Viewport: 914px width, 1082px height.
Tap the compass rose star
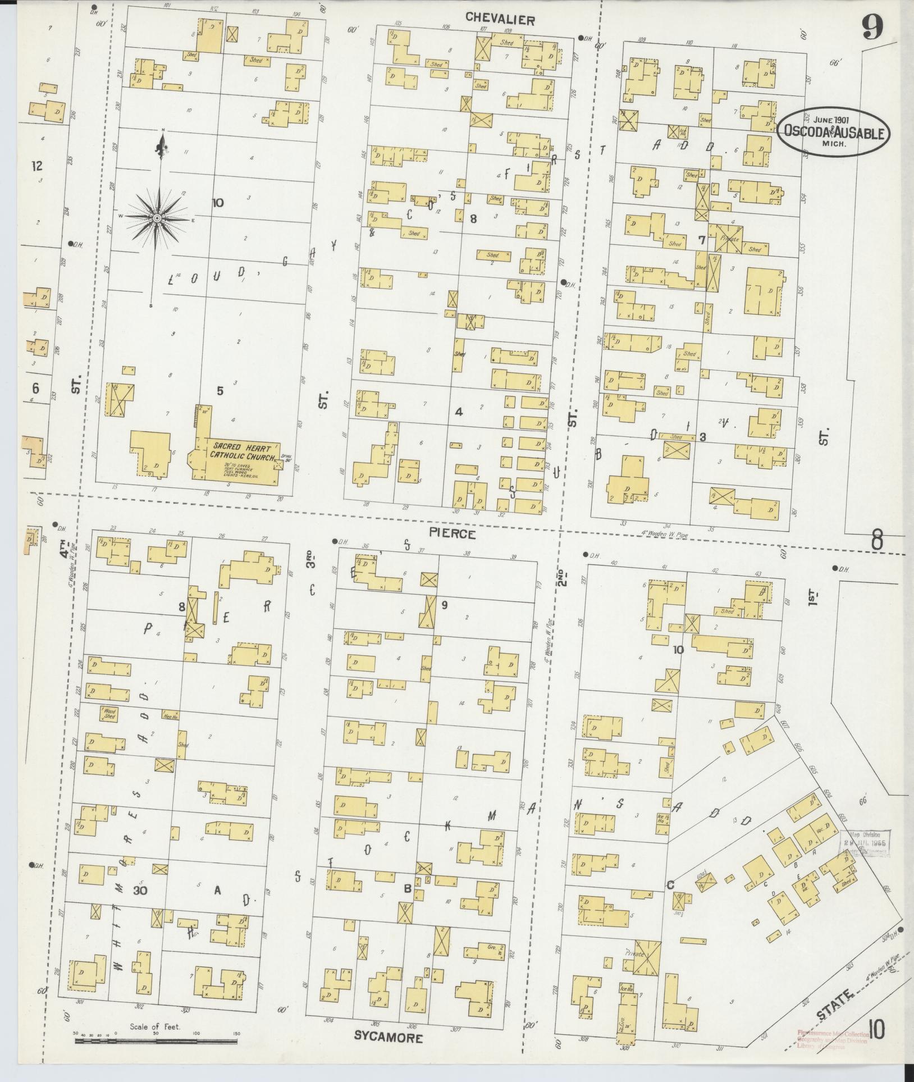pos(158,217)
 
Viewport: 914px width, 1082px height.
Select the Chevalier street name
pos(500,20)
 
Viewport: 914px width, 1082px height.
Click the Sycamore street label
pos(389,1037)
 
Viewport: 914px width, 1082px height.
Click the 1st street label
pos(813,596)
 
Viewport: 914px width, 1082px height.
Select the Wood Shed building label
pos(109,713)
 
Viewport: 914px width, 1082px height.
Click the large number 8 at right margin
pos(877,541)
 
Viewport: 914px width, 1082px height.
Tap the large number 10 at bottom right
pos(878,1029)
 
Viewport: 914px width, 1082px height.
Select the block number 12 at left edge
pos(37,166)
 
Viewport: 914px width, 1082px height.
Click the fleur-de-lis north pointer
pos(163,147)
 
